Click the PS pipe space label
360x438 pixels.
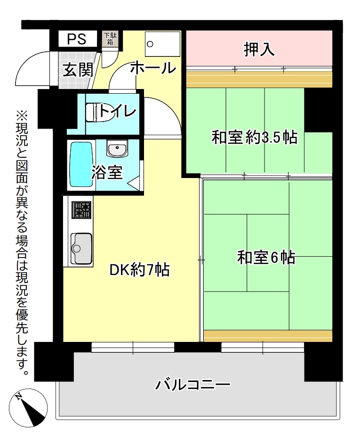coord(76,39)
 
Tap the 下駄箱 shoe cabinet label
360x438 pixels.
coord(110,39)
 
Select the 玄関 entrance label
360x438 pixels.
coord(77,70)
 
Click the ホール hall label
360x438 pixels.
coord(153,68)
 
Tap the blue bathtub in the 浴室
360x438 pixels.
coord(81,164)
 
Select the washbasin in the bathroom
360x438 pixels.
coord(117,148)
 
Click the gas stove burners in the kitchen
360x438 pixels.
coord(81,210)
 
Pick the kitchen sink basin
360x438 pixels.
coord(81,248)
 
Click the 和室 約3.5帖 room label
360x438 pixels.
coord(255,138)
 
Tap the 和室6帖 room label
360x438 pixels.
coord(266,257)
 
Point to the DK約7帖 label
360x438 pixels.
coord(140,270)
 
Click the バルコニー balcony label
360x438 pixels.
coord(193,385)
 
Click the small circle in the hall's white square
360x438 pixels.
coord(150,44)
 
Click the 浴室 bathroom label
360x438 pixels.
coord(107,172)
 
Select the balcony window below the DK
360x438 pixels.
coord(133,348)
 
